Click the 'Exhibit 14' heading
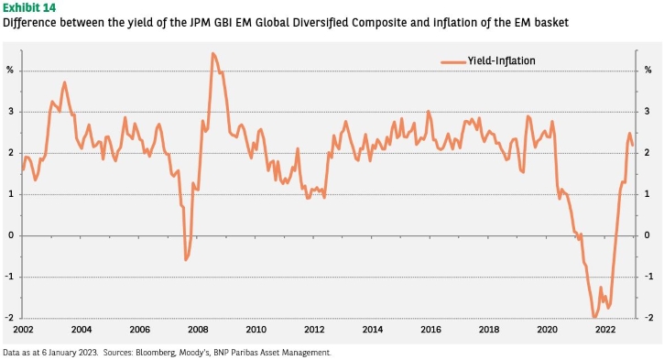[x=28, y=7]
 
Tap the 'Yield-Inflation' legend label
[x=501, y=61]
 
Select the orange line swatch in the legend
[x=452, y=62]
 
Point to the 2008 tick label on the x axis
[x=198, y=329]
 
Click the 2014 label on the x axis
[x=372, y=329]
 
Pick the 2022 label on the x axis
[x=605, y=329]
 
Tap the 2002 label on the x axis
[x=23, y=329]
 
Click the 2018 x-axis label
[x=489, y=329]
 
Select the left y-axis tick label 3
[x=11, y=112]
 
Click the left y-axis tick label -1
[x=9, y=277]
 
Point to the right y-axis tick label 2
[x=647, y=152]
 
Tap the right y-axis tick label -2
[x=648, y=318]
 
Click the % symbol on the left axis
[x=10, y=71]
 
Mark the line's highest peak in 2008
[x=212, y=53]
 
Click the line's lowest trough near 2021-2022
[x=594, y=317]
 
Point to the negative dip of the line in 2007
[x=186, y=259]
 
